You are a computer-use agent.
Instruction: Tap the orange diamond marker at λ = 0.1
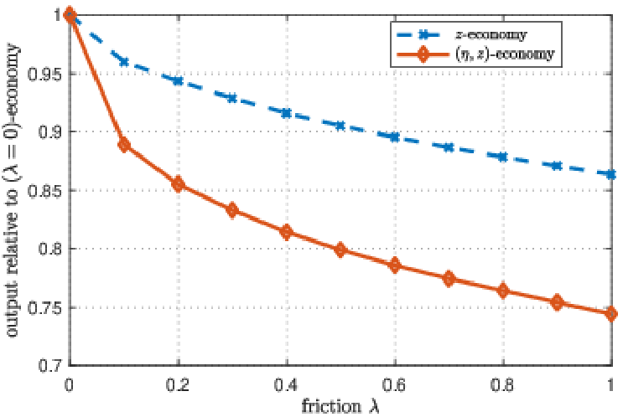pyautogui.click(x=124, y=145)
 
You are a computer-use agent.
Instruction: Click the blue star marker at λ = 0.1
pyautogui.click(x=124, y=62)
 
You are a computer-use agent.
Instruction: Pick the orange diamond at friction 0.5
pyautogui.click(x=340, y=250)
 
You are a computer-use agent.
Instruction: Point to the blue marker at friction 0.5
pyautogui.click(x=340, y=126)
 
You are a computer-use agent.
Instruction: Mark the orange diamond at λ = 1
pyautogui.click(x=611, y=314)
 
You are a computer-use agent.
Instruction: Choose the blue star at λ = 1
pyautogui.click(x=611, y=174)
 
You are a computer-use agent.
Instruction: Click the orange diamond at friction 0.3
pyautogui.click(x=232, y=210)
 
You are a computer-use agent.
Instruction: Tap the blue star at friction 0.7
pyautogui.click(x=449, y=147)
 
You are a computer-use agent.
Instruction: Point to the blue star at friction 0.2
pyautogui.click(x=178, y=80)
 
